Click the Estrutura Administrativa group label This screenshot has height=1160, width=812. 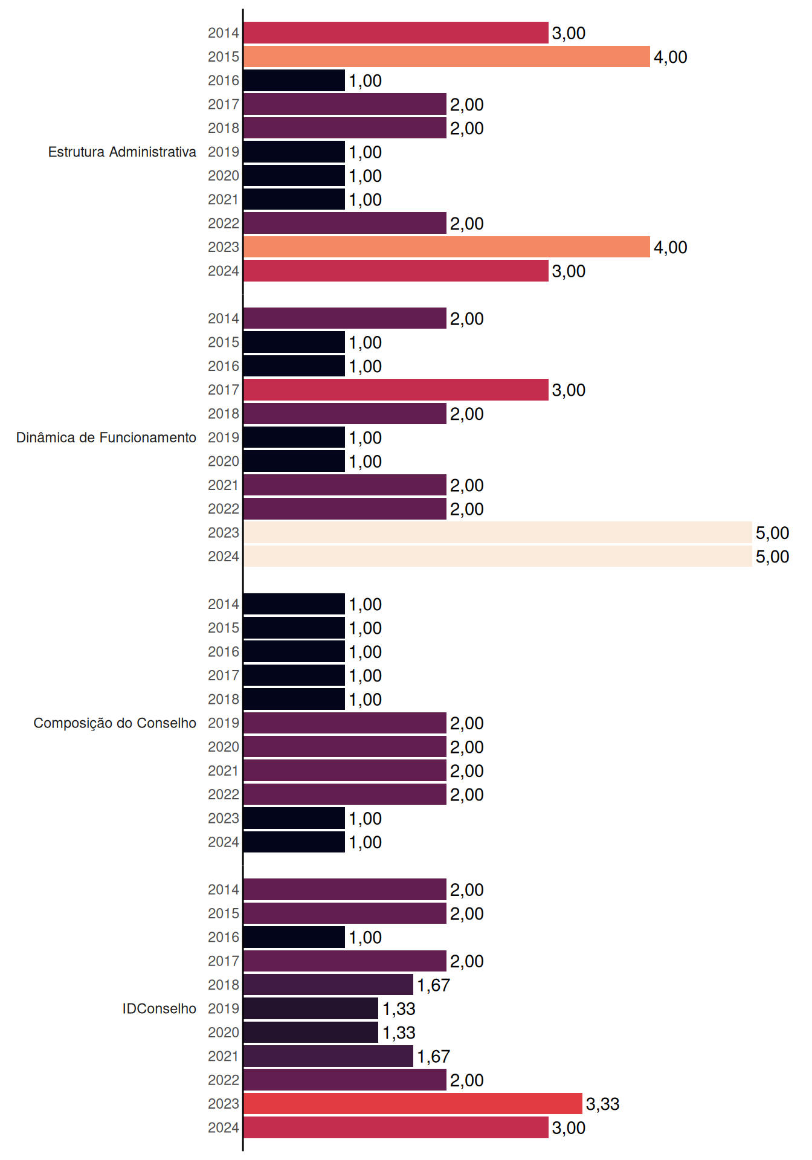122,152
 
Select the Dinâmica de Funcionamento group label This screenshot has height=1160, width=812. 106,437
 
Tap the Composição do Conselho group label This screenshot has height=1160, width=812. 115,723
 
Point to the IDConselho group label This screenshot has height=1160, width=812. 159,1008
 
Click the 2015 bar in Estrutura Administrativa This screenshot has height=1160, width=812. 446,57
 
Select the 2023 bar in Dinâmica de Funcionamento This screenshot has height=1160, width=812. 498,532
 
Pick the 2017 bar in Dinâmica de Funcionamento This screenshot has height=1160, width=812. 396,390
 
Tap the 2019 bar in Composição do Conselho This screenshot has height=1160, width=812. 345,723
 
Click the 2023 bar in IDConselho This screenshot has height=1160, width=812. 413,1104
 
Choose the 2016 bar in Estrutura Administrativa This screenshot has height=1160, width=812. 294,80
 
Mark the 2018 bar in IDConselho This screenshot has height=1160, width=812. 328,985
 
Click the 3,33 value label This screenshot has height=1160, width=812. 603,1104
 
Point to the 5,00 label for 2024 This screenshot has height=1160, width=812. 773,557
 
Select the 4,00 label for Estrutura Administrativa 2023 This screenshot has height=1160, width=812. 671,248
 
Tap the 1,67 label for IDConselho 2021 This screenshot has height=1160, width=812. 434,1057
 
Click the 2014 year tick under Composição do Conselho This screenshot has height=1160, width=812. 224,604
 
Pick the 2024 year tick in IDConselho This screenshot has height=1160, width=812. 224,1128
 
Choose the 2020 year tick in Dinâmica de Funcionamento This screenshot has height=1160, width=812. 224,462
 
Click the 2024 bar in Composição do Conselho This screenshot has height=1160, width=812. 294,842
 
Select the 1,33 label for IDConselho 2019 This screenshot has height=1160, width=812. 399,1009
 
